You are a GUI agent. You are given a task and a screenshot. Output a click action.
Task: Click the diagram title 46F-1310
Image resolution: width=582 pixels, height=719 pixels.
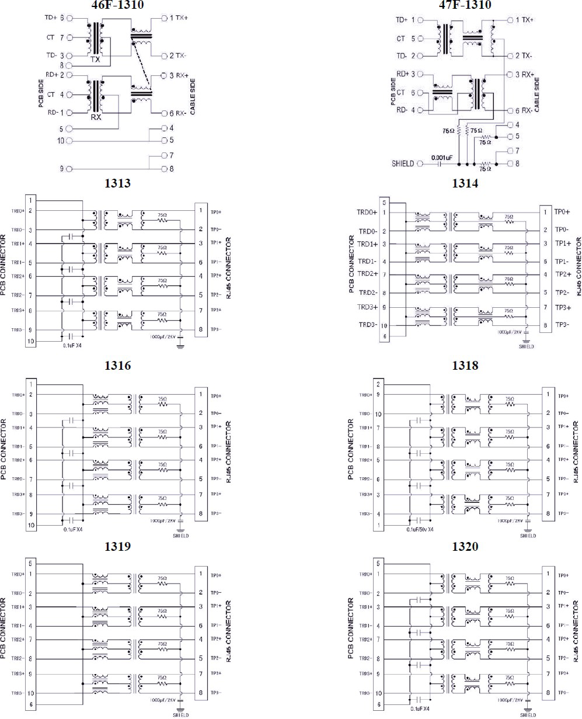click(x=118, y=6)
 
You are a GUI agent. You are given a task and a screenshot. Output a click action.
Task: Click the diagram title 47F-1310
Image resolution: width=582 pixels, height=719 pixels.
click(x=465, y=6)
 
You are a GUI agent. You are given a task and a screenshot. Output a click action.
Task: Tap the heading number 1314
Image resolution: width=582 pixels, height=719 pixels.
click(x=465, y=183)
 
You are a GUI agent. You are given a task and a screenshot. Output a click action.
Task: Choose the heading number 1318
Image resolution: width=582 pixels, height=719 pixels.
click(x=465, y=366)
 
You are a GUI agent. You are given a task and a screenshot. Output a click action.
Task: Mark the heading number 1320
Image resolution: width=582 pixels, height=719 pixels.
click(x=465, y=547)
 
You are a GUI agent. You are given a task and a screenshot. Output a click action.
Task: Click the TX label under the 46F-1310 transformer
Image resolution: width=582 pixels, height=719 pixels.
click(x=96, y=60)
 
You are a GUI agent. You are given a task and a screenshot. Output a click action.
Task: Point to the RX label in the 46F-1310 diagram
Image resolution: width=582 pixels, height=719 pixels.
click(x=96, y=116)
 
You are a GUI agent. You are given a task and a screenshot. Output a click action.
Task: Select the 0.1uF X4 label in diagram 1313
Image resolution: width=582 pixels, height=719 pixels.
click(x=72, y=346)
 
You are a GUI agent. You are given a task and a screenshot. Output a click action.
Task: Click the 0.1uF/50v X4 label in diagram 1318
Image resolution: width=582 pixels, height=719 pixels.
click(x=429, y=529)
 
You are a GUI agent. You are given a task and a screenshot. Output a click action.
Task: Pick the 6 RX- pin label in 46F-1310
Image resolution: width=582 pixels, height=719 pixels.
click(x=175, y=113)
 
